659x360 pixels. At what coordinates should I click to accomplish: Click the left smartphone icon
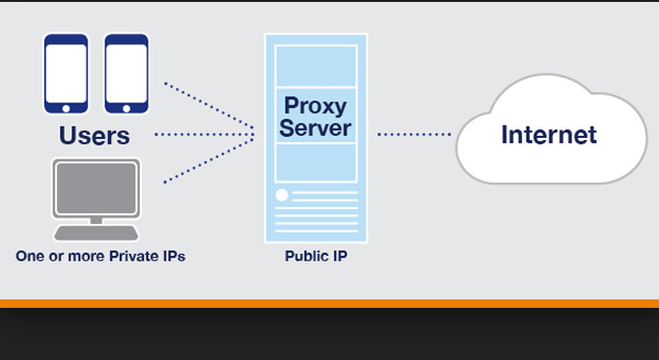coord(66,74)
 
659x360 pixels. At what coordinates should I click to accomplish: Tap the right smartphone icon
coord(126,74)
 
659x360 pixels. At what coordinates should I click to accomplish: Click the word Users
coord(95,135)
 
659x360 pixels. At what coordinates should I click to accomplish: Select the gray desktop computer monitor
coord(96,188)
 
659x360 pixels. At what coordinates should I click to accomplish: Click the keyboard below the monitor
coord(96,232)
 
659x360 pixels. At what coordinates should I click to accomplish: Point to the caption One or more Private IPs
coord(100,257)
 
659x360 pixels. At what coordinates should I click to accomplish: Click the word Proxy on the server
coord(316,104)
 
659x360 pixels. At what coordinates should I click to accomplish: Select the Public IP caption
coord(316,258)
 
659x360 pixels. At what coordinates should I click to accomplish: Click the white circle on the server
coord(282,196)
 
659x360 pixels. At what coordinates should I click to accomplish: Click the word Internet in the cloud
coord(548,134)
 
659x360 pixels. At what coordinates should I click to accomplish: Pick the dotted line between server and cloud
coord(415,134)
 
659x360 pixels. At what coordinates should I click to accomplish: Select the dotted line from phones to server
coord(207,105)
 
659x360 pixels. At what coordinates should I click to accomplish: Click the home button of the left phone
coord(66,111)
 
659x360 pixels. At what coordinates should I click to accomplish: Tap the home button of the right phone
coord(126,111)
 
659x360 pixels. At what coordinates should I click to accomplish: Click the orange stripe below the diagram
coord(329,304)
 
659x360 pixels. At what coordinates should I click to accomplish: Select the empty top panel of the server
coord(316,63)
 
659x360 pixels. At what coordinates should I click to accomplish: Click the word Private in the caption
coord(123,257)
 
